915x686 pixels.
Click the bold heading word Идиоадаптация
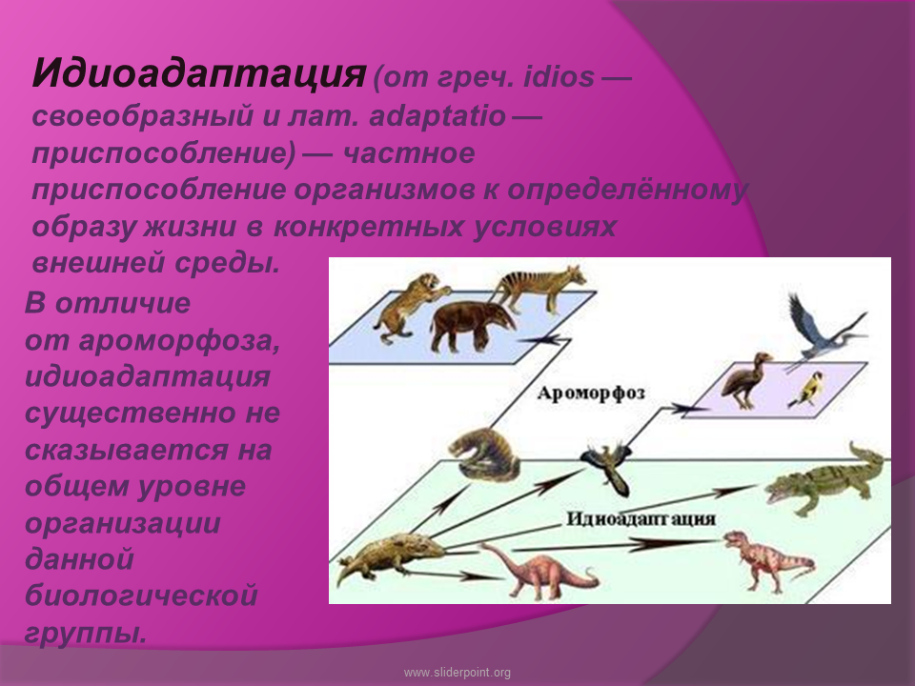(x=199, y=74)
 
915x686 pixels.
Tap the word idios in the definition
(x=559, y=77)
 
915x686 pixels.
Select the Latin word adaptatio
(x=437, y=116)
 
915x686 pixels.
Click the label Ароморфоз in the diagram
(x=591, y=393)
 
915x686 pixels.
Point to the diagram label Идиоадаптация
(x=640, y=518)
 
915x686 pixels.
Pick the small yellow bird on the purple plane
(x=807, y=389)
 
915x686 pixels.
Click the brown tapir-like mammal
(x=472, y=326)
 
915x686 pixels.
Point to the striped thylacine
(x=539, y=289)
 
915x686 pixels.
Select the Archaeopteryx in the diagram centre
(x=608, y=465)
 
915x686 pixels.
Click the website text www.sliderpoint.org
(x=457, y=673)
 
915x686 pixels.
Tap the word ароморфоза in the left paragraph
(x=179, y=341)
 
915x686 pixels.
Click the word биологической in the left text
(x=141, y=595)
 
